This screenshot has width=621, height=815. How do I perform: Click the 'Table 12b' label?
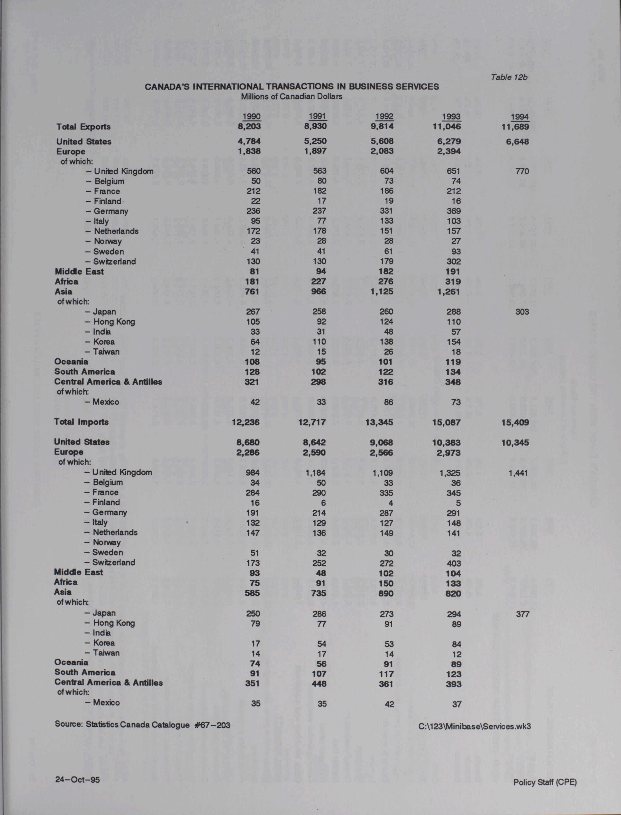509,77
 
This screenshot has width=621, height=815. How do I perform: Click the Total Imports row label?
81,422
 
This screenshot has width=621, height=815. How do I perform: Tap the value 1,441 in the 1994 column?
518,473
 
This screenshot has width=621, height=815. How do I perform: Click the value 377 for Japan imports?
522,614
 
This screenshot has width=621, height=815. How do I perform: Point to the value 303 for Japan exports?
522,312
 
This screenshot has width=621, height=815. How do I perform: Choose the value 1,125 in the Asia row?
382,292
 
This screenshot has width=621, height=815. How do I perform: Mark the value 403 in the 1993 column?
454,563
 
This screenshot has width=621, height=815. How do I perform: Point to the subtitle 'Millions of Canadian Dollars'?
292,96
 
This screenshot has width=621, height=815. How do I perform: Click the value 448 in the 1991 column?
319,684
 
